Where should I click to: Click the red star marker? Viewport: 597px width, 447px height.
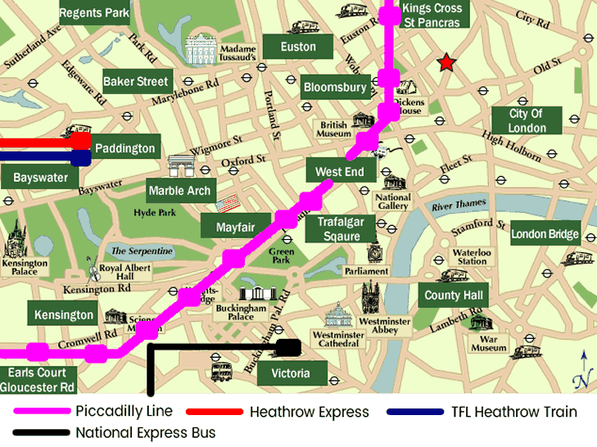coord(446,63)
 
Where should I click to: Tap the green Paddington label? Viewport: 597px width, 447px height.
coord(124,148)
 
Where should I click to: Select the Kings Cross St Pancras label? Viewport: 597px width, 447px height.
coord(432,15)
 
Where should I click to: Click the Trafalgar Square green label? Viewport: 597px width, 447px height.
coord(340,228)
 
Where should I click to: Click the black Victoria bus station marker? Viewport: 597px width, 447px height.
coord(288,348)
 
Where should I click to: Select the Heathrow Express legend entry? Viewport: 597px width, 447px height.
coord(309,412)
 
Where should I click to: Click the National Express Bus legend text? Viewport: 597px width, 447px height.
coord(146,432)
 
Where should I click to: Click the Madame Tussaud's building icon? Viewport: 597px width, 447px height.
coord(200,49)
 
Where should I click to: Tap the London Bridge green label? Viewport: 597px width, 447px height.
coord(545,234)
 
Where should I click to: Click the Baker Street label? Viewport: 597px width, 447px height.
coord(136,81)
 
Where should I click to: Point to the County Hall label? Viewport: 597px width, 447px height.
coord(454,295)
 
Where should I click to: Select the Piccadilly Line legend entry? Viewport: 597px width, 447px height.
coord(123,411)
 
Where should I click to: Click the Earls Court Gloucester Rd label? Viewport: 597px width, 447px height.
coord(38,380)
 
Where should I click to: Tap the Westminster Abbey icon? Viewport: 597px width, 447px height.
coord(371,299)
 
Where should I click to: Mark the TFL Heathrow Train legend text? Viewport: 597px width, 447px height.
coord(513,412)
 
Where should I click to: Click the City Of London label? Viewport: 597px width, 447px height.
coord(527,120)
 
